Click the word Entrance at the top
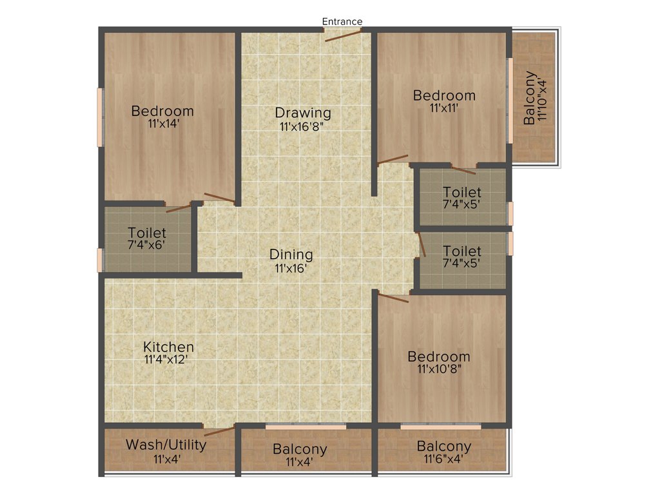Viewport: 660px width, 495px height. point(342,21)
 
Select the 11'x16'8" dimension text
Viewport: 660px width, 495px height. point(301,127)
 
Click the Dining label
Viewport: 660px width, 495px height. point(291,254)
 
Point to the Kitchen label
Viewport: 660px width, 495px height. point(168,347)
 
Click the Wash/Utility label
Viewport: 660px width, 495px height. point(166,445)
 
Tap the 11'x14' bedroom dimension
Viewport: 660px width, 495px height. point(162,124)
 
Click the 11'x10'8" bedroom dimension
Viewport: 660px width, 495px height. point(439,369)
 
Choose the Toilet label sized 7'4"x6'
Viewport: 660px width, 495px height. point(147,233)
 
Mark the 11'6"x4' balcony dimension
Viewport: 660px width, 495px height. point(443,459)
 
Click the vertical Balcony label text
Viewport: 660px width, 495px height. point(530,97)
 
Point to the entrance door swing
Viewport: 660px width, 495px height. point(343,35)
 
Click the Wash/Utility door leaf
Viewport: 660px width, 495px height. point(220,432)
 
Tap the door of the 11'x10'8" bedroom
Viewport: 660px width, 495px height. point(393,298)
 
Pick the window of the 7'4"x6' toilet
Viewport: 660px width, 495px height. point(100,259)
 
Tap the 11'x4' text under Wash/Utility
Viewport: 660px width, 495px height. point(167,459)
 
